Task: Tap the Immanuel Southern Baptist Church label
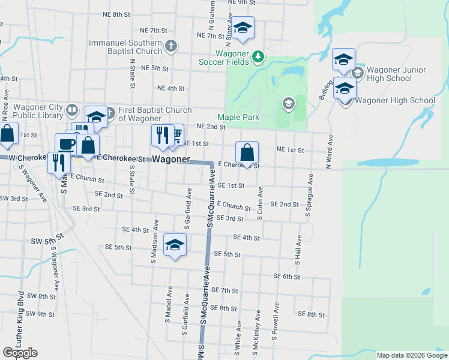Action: click(125, 47)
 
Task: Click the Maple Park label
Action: click(238, 117)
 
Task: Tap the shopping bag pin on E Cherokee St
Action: click(247, 152)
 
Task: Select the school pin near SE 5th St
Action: click(175, 245)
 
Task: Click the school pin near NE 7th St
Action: click(242, 28)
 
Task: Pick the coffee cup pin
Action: click(66, 144)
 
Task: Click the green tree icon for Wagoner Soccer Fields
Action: click(258, 56)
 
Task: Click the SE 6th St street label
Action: click(286, 276)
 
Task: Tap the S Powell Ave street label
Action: click(276, 322)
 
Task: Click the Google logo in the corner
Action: click(20, 352)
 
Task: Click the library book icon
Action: click(72, 110)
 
